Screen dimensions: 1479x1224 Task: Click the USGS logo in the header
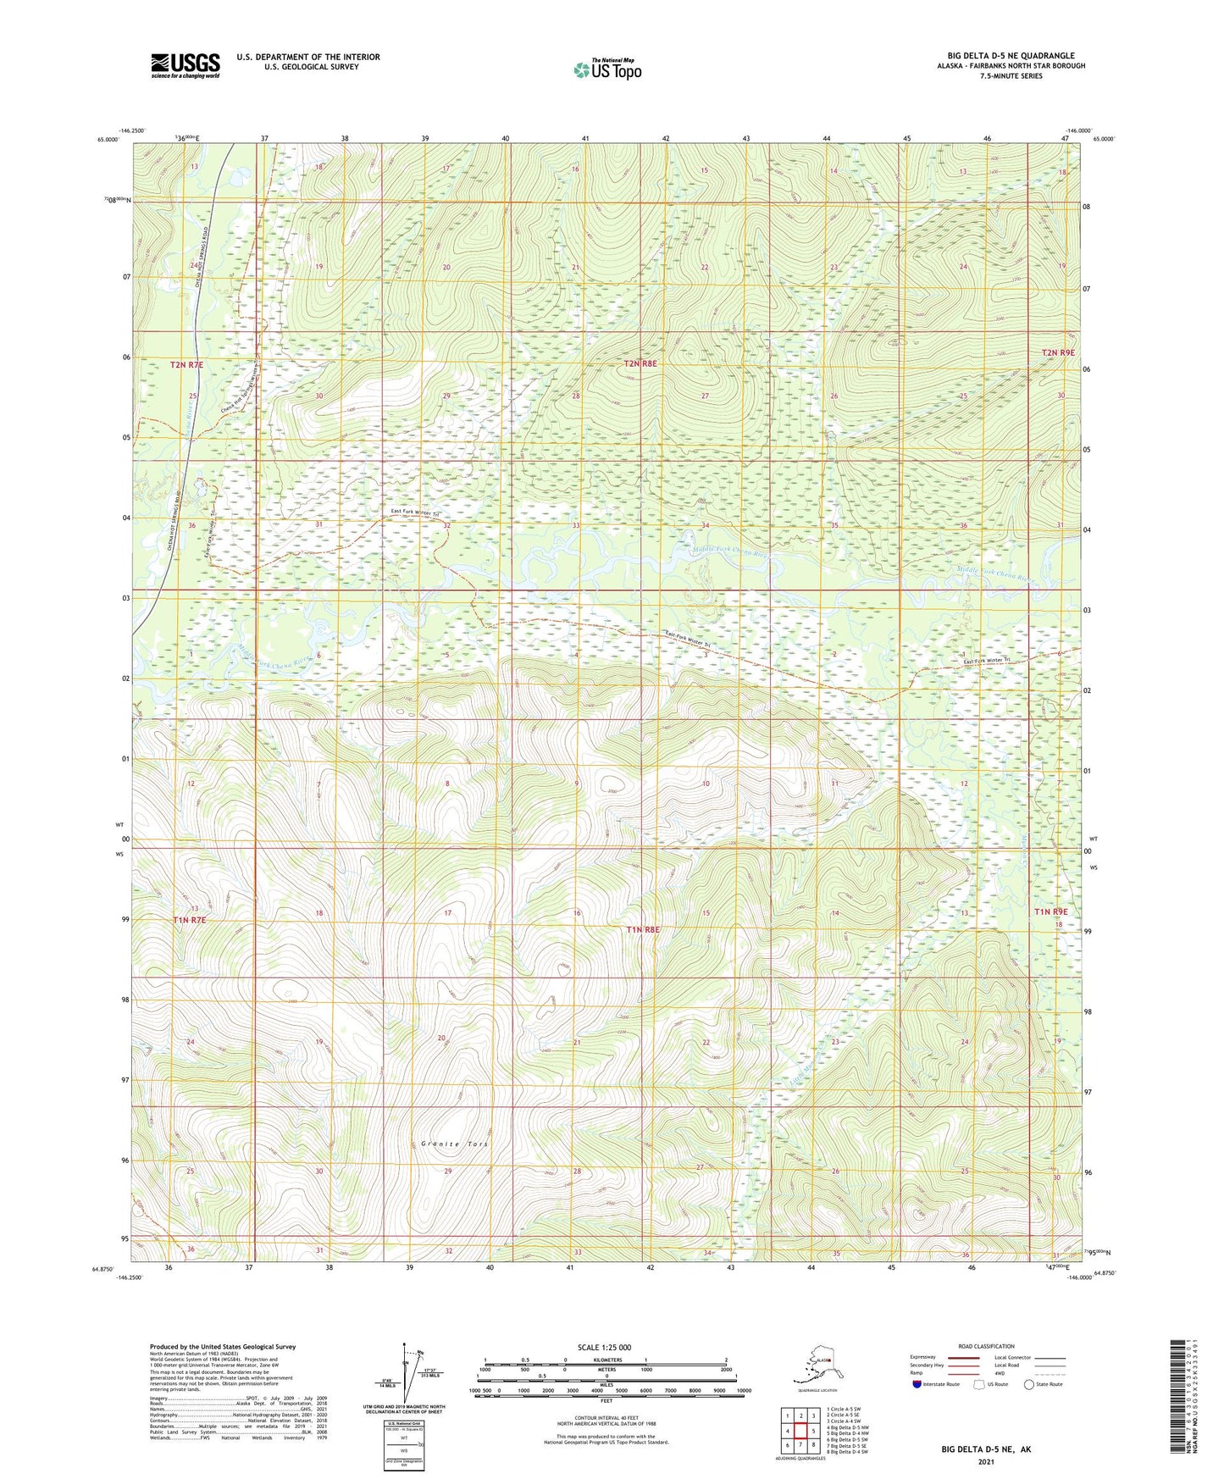(x=185, y=65)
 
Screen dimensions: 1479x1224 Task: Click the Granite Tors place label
(x=455, y=1144)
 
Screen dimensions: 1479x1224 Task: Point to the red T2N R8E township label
(x=640, y=363)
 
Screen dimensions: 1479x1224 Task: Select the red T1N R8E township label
(x=642, y=929)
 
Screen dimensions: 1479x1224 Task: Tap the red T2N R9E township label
(x=1058, y=352)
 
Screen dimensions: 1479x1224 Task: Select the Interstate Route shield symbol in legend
(x=918, y=1384)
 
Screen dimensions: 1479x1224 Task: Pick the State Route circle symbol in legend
(x=1029, y=1384)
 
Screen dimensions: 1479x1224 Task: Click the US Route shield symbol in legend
(x=981, y=1384)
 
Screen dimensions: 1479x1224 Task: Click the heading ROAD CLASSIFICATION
(x=987, y=1346)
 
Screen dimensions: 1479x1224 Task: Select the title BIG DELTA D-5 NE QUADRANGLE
(x=1011, y=56)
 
